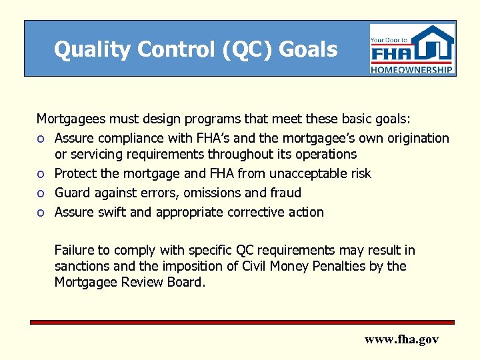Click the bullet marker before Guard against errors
coord(41,193)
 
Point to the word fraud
coord(285,193)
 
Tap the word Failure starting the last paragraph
coord(75,250)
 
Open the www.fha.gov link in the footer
coord(401,339)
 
